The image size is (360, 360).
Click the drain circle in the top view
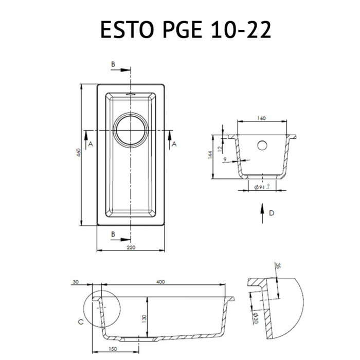(131, 128)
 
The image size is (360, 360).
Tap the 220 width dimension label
(131, 247)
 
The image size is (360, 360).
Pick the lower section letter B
(113, 234)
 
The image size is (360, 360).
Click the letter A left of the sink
(91, 144)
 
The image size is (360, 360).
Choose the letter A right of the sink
(174, 144)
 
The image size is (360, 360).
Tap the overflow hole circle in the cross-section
(263, 145)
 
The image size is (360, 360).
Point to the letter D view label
(271, 214)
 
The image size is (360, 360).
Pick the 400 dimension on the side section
(160, 282)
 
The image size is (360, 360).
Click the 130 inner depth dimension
(145, 318)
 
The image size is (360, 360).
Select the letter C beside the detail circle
(80, 322)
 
